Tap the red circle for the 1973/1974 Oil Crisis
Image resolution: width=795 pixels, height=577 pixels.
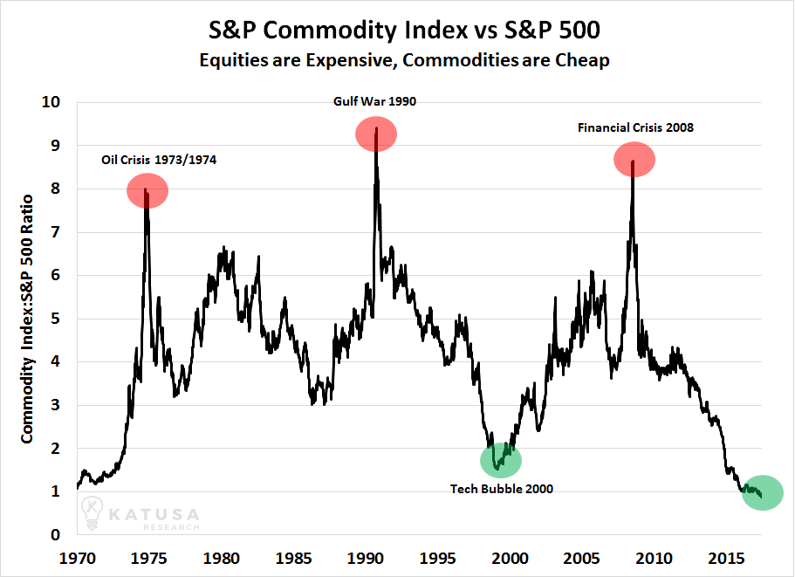147,190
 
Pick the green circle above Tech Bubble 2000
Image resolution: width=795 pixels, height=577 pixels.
501,460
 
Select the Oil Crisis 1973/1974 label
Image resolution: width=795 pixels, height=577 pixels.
160,160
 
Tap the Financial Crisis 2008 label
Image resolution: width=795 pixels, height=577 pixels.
635,127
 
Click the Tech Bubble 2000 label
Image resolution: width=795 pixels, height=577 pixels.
502,489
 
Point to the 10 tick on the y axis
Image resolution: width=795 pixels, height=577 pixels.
58,102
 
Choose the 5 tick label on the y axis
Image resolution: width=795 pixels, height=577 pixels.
62,319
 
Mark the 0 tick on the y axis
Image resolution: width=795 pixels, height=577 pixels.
62,535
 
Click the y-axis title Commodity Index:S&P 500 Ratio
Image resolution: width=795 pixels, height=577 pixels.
29,319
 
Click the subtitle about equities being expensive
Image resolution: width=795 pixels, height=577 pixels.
397,61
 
